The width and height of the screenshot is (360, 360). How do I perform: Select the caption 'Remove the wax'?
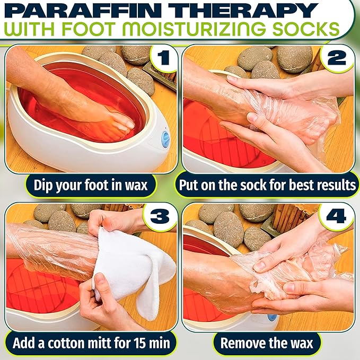coord(267,343)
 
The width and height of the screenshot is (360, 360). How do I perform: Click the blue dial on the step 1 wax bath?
coord(165,139)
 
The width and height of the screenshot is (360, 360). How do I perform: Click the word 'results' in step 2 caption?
coord(336,186)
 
